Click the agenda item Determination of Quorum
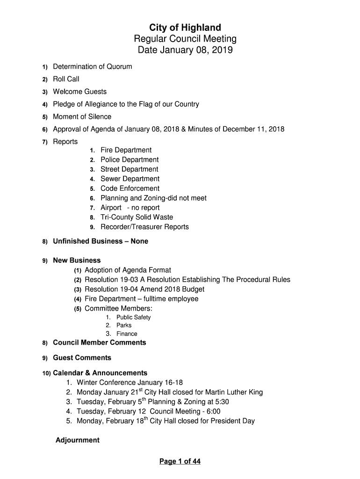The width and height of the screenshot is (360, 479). click(x=92, y=66)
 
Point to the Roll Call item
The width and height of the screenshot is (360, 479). click(x=66, y=79)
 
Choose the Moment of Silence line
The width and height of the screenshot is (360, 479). click(x=82, y=116)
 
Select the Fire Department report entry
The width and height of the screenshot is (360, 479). click(x=126, y=150)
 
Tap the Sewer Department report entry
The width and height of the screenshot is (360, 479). click(x=130, y=179)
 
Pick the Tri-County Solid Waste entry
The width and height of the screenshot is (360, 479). click(x=137, y=217)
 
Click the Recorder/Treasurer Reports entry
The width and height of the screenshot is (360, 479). click(x=145, y=227)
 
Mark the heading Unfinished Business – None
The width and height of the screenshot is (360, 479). click(x=101, y=241)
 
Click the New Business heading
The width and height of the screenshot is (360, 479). click(x=77, y=260)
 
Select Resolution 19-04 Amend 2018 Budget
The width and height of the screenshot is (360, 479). click(x=144, y=289)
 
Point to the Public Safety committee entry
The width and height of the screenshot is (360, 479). click(x=134, y=317)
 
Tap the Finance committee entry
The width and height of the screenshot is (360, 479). click(x=127, y=334)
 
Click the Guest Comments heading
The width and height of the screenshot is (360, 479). click(x=82, y=358)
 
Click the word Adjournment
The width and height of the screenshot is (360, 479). click(x=78, y=440)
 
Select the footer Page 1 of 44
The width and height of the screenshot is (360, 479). click(x=180, y=462)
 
